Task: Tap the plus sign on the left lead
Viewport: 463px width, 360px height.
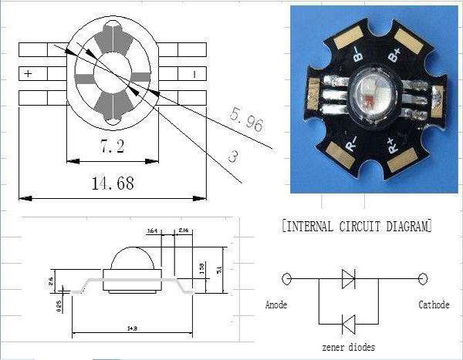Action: click(29, 75)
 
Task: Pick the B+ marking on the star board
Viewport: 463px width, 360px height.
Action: click(394, 55)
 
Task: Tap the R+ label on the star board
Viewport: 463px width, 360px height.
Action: click(391, 146)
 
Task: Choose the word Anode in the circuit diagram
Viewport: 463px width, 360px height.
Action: click(275, 305)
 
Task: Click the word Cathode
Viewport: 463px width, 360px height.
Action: click(434, 305)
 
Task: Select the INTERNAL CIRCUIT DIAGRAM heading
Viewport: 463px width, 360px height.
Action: click(357, 227)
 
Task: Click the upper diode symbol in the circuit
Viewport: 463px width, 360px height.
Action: click(348, 279)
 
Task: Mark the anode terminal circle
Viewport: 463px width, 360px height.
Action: click(287, 279)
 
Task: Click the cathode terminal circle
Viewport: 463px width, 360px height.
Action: click(423, 279)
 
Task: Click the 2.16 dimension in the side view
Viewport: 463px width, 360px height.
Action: click(184, 230)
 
